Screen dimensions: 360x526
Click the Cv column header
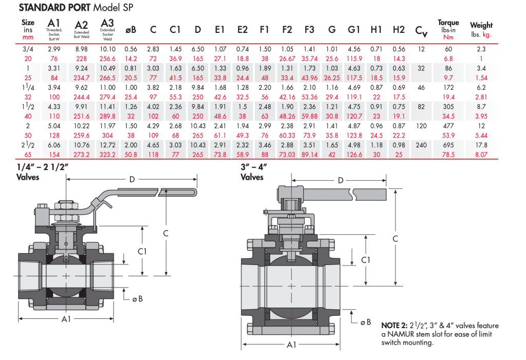click(421, 31)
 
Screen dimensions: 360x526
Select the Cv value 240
click(421, 145)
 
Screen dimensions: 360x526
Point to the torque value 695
click(447, 145)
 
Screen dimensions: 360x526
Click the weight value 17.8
click(481, 145)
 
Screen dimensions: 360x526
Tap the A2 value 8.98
click(81, 49)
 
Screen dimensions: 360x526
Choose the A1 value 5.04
click(54, 126)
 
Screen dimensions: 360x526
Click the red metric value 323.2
click(107, 154)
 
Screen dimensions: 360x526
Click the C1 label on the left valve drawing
click(142, 251)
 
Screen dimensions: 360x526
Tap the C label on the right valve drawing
click(394, 239)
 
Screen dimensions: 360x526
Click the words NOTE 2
click(394, 326)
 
